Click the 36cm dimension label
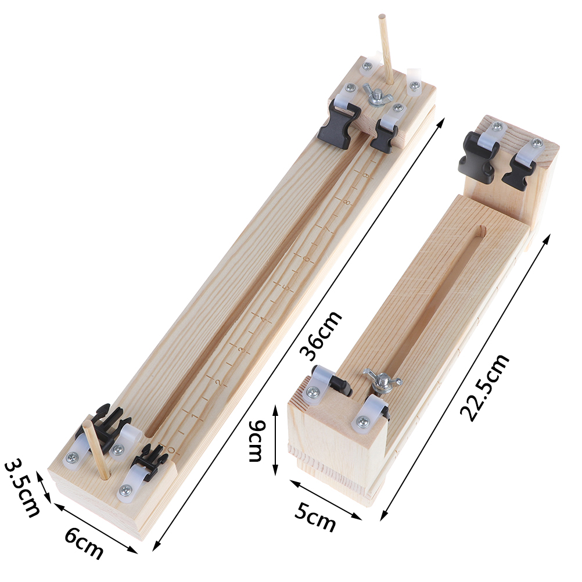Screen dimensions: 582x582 (x=321, y=336)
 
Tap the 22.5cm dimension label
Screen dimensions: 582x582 (x=485, y=387)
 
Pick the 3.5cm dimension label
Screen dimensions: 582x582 (x=21, y=488)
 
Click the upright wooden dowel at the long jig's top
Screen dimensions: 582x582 (x=387, y=49)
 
